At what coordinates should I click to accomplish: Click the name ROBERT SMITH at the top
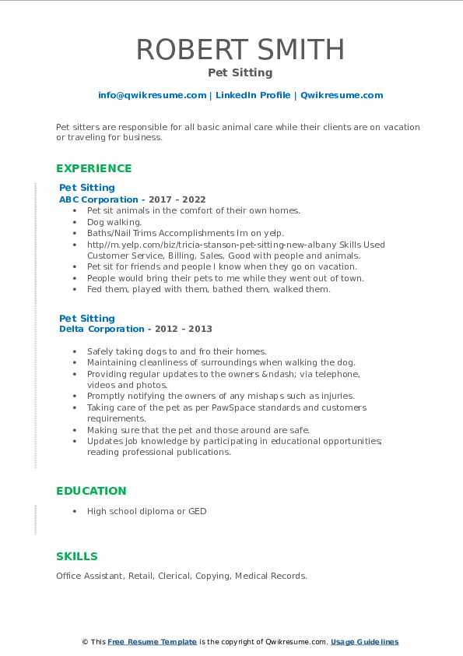(x=240, y=49)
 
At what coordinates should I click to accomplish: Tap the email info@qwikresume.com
(x=152, y=95)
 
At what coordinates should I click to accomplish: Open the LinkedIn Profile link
(x=253, y=95)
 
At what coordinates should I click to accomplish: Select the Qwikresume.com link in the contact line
(x=342, y=95)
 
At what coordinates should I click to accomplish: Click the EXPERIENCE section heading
(x=93, y=168)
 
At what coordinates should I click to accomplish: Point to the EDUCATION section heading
(x=91, y=491)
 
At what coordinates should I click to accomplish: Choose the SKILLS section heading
(x=77, y=556)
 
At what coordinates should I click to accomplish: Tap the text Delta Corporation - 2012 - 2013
(x=135, y=329)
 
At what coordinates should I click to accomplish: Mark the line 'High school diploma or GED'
(x=147, y=511)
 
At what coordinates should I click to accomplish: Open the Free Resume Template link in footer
(x=153, y=642)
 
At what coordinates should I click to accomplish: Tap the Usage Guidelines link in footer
(x=364, y=642)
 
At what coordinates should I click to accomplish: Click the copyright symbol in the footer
(x=85, y=642)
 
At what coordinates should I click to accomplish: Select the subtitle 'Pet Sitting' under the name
(x=240, y=72)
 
